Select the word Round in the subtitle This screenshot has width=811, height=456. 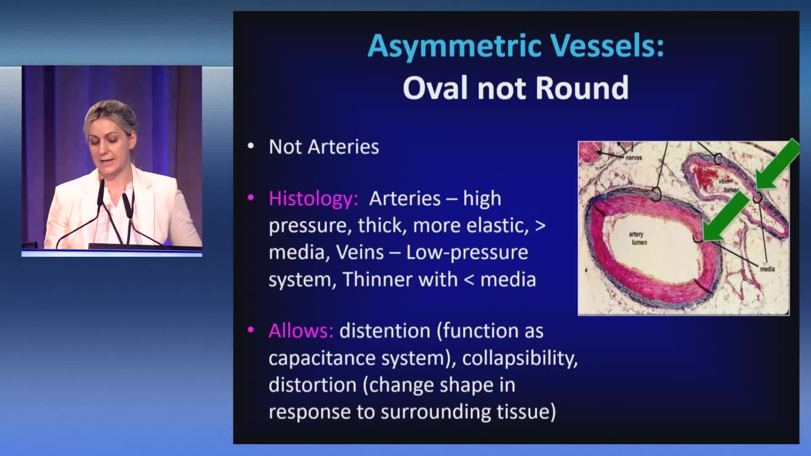582,88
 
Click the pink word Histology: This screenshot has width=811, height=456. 313,199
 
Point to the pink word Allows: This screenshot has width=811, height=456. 301,331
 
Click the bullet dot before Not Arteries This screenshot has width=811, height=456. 251,147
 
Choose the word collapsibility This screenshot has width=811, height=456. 520,358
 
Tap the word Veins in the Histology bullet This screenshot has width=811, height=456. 360,252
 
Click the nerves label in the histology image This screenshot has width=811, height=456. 634,157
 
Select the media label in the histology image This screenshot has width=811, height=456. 767,269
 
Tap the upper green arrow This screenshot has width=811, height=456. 777,165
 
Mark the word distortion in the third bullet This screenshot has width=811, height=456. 313,385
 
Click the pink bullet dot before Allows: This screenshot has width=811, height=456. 251,330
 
